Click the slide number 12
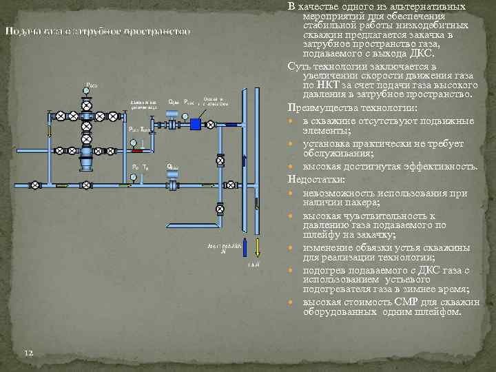coord(28,353)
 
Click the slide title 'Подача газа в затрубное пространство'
coord(97,32)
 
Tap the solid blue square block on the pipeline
coord(195,124)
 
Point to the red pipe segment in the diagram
coord(137,149)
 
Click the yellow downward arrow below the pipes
coord(258,246)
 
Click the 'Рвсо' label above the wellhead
coord(92,85)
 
